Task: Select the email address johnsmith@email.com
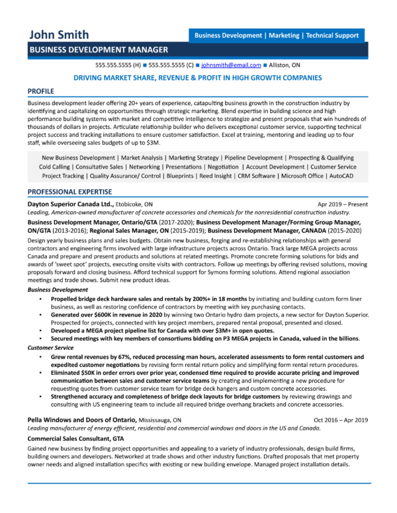(x=230, y=65)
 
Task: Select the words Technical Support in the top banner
(x=331, y=35)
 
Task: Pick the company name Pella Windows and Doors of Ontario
(x=82, y=420)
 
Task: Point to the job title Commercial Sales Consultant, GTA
(x=75, y=438)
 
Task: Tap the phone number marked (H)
(x=118, y=65)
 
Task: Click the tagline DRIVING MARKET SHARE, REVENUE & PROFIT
(x=198, y=77)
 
